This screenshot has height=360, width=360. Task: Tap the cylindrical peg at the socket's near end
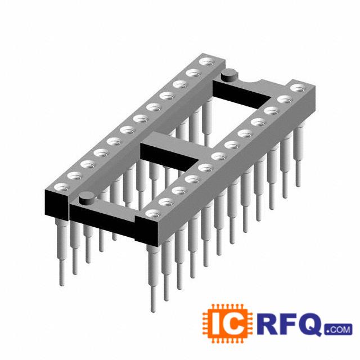[x=86, y=199]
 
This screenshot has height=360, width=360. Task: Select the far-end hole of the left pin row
[x=206, y=62]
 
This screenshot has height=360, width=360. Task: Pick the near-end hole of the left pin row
[x=61, y=187]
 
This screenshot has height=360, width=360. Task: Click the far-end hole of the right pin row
[x=298, y=88]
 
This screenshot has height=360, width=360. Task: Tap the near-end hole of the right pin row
[x=153, y=214]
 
